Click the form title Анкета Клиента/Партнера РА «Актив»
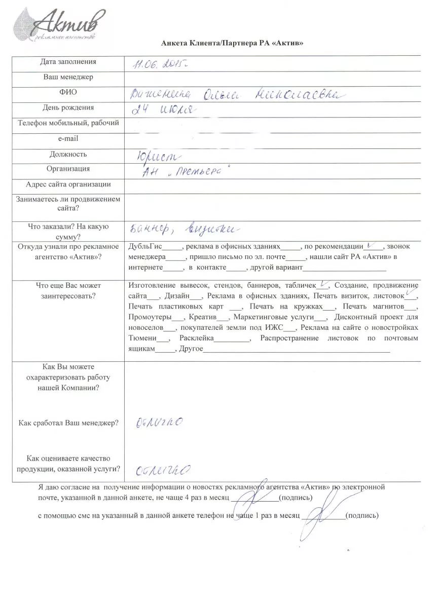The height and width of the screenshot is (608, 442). [232, 44]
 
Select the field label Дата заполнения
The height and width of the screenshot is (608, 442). [68, 62]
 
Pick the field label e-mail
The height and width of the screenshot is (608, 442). [68, 138]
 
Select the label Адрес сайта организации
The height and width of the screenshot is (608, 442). [68, 184]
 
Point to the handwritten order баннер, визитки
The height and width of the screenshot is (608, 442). [180, 229]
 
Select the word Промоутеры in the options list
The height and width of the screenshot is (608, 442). [150, 318]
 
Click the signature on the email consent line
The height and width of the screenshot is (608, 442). [258, 494]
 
